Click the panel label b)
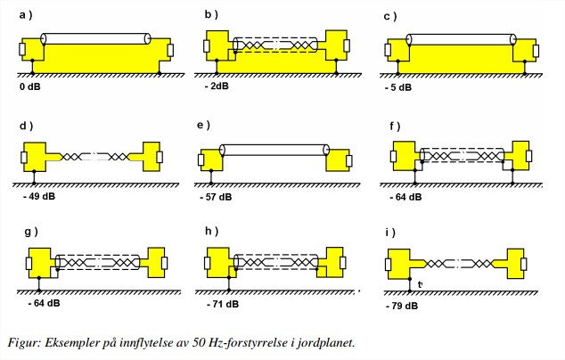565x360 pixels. (x=209, y=15)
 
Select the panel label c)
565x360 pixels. (x=389, y=16)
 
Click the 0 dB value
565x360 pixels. (x=29, y=87)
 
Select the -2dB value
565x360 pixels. (x=217, y=87)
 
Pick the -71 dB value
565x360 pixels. (x=220, y=304)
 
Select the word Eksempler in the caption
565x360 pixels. (x=74, y=340)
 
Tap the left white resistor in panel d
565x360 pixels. (x=21, y=159)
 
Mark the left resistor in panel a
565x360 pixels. (x=21, y=48)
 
